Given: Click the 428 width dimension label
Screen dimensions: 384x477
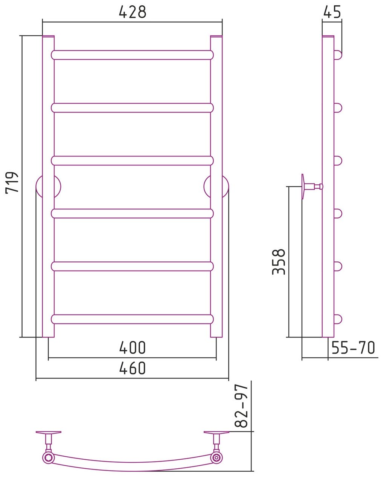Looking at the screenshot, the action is click(133, 12).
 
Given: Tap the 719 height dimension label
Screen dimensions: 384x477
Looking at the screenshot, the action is click(12, 182).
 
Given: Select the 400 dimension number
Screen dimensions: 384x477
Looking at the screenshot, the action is click(133, 348).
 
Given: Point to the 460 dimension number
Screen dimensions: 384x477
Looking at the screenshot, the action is click(133, 368).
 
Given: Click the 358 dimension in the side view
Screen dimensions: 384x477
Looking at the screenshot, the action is click(279, 262).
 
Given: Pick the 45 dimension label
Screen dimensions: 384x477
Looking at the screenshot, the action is click(332, 12).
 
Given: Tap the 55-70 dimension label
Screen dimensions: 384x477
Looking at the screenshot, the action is click(353, 348).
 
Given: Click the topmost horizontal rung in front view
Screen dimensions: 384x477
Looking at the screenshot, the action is click(132, 55).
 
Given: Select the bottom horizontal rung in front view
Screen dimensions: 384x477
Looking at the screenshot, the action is click(132, 319).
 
